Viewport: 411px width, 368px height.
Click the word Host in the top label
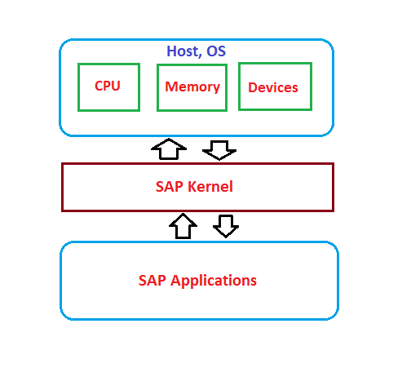pos(183,51)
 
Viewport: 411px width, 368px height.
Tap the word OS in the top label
pos(215,51)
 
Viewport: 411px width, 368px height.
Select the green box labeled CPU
pos(108,86)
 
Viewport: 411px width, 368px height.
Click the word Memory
pos(192,86)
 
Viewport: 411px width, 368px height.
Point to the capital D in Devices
pos(252,87)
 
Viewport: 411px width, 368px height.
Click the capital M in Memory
pos(170,86)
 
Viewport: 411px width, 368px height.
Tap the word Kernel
pos(210,186)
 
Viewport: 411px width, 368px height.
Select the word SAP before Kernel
pos(170,186)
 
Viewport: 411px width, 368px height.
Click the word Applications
pos(213,281)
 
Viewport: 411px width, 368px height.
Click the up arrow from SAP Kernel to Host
pos(170,149)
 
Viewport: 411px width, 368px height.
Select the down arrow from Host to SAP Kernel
pos(219,149)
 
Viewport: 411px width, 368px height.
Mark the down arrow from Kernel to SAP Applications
pos(226,225)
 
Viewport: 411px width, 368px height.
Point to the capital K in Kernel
pos(192,186)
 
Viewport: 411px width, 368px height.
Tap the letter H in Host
pos(171,51)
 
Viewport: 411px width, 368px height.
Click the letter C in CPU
pos(99,85)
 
